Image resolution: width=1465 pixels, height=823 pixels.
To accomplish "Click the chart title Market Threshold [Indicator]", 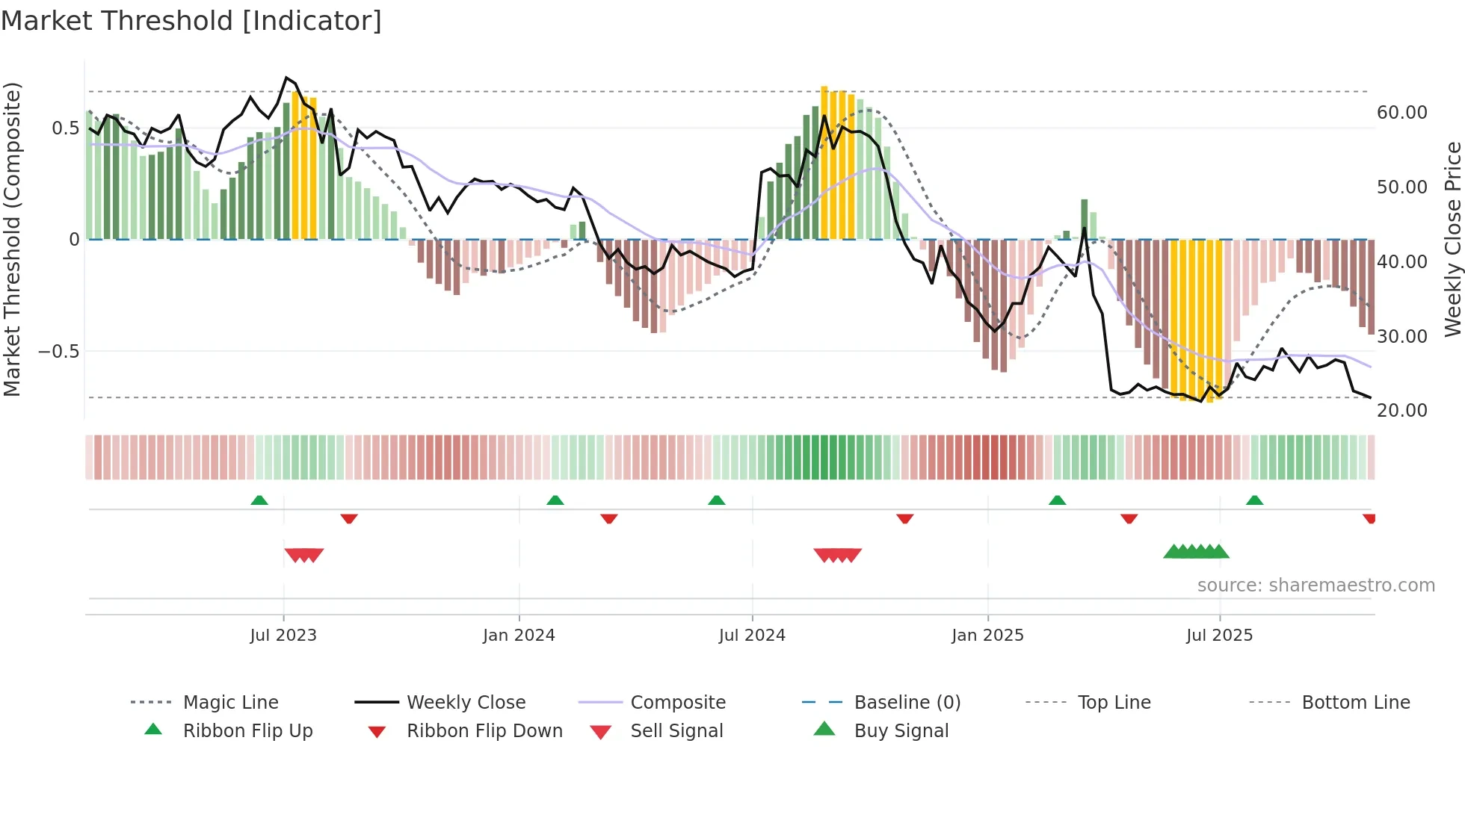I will pos(191,21).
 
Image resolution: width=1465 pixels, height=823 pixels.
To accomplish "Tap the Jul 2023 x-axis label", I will pos(283,636).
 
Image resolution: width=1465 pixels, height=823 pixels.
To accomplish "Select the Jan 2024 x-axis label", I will pos(519,636).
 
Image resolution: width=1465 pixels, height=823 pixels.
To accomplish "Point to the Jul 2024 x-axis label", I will pos(752,636).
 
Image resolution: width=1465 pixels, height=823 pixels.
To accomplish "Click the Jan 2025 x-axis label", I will pos(987,636).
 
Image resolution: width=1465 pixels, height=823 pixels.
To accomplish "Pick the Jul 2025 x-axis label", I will pos(1219,636).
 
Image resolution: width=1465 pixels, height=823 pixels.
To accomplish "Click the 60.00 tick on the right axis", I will pos(1401,113).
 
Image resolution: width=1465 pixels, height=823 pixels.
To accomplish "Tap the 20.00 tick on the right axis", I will pos(1401,411).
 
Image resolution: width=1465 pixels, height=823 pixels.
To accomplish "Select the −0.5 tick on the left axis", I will pos(58,352).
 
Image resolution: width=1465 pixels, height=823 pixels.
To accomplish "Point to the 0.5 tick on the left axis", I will pos(65,128).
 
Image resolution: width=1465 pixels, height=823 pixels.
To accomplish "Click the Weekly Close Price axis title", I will pos(1452,239).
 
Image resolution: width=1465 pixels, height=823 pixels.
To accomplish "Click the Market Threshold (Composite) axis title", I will pos(12,239).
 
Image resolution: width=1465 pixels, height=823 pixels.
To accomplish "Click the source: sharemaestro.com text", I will pos(1316,586).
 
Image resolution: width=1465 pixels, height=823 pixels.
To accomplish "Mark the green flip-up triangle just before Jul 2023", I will pos(259,500).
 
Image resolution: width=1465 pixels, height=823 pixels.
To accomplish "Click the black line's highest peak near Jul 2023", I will pos(286,78).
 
